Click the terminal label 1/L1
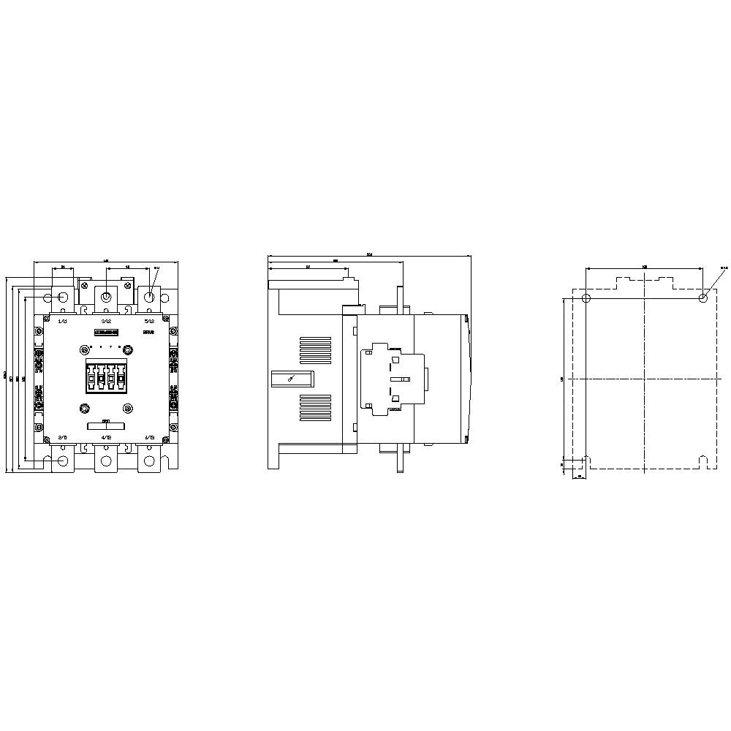tap(62, 321)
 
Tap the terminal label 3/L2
tap(106, 321)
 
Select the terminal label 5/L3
tap(149, 321)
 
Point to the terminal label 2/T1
tap(62, 437)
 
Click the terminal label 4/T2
tap(106, 437)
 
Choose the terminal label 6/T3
tap(149, 437)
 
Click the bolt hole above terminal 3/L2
tap(106, 297)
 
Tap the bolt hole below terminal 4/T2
tap(106, 461)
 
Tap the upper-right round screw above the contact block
tap(128, 346)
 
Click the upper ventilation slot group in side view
tap(314, 349)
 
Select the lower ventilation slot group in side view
tap(314, 407)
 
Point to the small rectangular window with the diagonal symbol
tap(292, 378)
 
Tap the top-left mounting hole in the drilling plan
tap(586, 298)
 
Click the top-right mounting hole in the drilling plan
tap(702, 298)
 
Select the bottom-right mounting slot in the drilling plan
tap(702, 462)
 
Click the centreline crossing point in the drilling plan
tap(644, 379)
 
